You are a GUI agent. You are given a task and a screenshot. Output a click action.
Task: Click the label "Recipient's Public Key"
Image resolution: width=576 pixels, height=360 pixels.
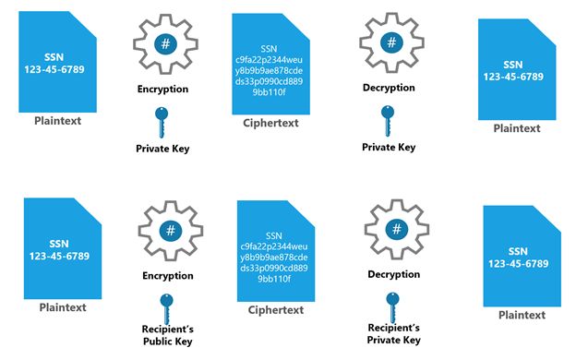(x=166, y=334)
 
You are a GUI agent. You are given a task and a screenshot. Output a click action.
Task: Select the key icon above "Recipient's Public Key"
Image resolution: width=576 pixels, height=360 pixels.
(x=166, y=304)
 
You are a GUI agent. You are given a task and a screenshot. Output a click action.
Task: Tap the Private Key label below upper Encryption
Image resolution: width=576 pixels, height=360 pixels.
(x=162, y=147)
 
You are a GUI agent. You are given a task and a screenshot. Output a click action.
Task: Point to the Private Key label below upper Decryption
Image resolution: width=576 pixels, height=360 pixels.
(x=389, y=147)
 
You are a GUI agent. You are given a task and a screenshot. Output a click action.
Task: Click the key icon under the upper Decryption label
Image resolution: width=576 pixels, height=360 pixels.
(x=388, y=118)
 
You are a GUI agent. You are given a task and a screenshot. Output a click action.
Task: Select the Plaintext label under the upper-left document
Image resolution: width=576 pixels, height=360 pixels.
(x=57, y=121)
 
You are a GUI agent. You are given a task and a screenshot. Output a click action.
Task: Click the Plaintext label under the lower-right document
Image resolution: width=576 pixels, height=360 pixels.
(x=522, y=315)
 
